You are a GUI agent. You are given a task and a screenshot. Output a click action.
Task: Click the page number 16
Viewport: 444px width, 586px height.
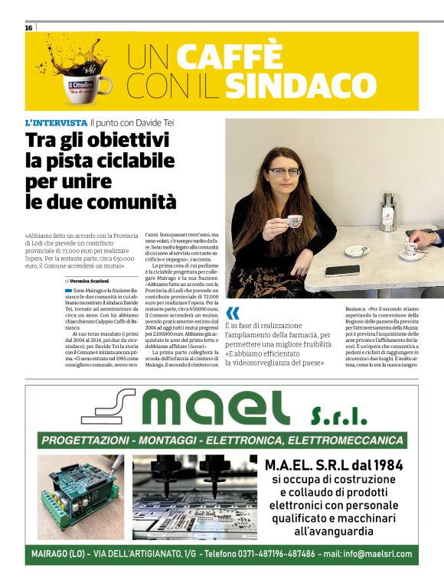pyautogui.click(x=28, y=27)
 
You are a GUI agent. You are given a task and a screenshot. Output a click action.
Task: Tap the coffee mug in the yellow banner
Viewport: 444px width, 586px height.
pyautogui.click(x=90, y=82)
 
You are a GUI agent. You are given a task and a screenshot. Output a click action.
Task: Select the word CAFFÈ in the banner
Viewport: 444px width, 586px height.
pyautogui.click(x=230, y=56)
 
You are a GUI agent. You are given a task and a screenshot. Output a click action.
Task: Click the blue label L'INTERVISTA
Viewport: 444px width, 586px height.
pyautogui.click(x=56, y=122)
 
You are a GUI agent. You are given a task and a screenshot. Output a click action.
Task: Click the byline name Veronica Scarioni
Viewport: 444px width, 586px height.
pyautogui.click(x=95, y=282)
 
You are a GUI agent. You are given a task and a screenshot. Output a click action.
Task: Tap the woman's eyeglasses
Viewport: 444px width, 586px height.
pyautogui.click(x=284, y=172)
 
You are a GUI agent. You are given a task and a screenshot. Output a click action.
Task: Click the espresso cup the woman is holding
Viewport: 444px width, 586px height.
pyautogui.click(x=293, y=221)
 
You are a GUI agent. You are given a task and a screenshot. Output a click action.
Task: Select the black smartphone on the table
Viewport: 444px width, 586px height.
pyautogui.click(x=342, y=269)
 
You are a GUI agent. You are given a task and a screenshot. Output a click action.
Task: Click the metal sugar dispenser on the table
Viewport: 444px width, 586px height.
pyautogui.click(x=388, y=210)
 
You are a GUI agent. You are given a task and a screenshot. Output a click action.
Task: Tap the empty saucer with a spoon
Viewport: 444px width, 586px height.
pyautogui.click(x=356, y=250)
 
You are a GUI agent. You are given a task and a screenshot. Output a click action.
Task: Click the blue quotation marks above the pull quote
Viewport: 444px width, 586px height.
pyautogui.click(x=233, y=311)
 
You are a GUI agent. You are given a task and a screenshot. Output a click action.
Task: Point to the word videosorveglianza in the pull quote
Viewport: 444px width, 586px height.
pyautogui.click(x=263, y=363)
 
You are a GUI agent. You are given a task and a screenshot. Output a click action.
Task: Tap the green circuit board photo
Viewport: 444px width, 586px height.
pyautogui.click(x=80, y=495)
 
